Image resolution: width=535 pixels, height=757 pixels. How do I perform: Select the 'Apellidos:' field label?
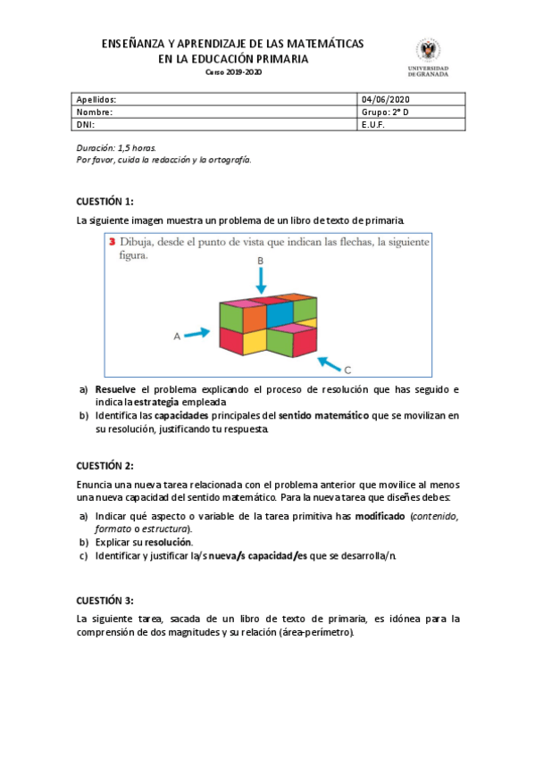(96, 99)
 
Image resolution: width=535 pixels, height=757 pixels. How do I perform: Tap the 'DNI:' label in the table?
(85, 126)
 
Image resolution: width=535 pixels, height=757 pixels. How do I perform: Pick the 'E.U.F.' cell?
(372, 126)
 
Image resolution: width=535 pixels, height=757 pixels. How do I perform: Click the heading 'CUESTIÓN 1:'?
(104, 202)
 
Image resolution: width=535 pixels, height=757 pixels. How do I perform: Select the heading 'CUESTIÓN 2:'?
(104, 465)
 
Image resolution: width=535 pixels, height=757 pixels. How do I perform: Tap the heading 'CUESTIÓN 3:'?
(104, 600)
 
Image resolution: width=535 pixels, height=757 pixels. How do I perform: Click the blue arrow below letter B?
(261, 279)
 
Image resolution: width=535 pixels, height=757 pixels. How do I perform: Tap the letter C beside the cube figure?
(347, 370)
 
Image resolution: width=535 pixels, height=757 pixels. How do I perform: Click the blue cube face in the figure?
(280, 314)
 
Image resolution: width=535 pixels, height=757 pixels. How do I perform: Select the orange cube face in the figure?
(255, 318)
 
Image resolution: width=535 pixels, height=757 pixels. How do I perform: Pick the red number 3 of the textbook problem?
(112, 241)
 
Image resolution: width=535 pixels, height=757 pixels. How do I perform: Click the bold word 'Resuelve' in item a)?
(116, 390)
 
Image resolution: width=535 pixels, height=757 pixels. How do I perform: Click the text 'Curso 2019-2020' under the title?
(234, 72)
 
